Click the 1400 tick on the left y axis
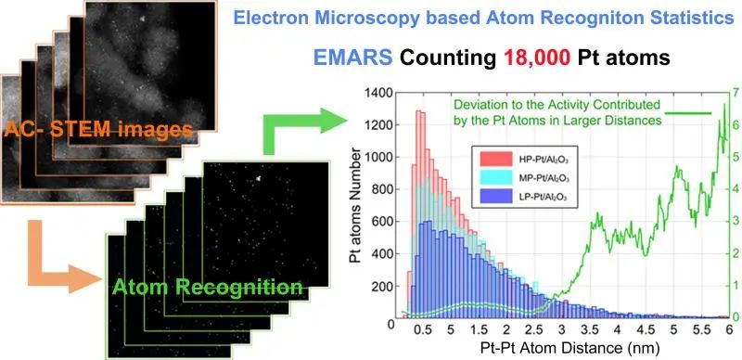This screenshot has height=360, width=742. click(380, 94)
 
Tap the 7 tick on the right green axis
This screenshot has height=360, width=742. click(733, 94)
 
